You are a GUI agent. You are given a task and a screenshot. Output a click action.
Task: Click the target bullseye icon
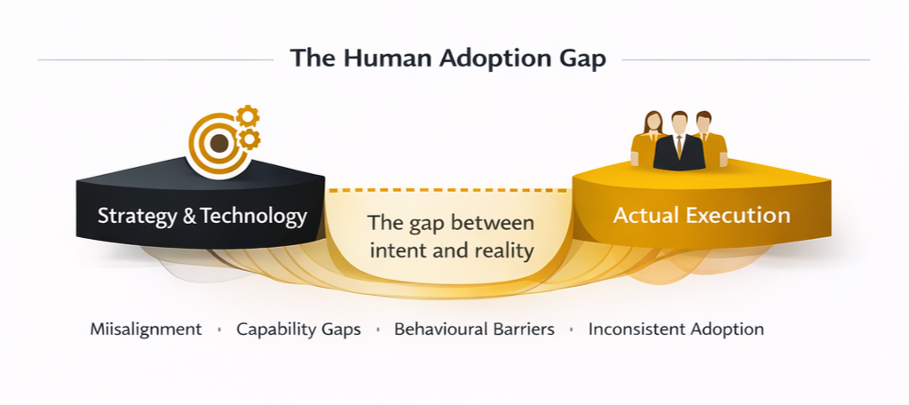214,141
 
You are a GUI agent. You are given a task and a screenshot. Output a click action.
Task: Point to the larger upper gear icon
247,116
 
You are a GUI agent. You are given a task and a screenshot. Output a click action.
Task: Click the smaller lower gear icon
249,139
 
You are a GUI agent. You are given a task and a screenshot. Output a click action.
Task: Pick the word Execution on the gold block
744,215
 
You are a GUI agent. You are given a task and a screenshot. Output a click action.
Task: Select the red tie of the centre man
679,147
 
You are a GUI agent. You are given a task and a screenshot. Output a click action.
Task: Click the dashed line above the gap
448,190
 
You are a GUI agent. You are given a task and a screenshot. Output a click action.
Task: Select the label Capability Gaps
298,329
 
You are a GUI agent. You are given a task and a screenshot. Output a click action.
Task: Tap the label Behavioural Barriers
474,329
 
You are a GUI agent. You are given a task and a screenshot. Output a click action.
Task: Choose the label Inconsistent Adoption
676,329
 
